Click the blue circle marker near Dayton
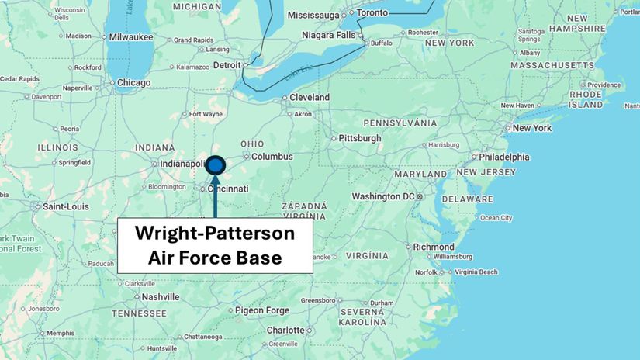click(x=215, y=165)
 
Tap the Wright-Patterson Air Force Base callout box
click(x=215, y=245)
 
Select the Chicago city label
click(x=133, y=83)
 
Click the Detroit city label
click(x=227, y=65)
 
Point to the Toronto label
click(x=372, y=12)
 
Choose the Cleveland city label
click(x=310, y=98)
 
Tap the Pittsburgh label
click(x=360, y=138)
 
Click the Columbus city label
click(x=272, y=157)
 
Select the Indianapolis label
click(x=181, y=164)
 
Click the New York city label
click(x=531, y=128)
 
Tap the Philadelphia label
click(x=504, y=157)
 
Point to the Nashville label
click(x=161, y=296)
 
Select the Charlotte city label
click(x=285, y=330)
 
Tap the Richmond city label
click(x=434, y=247)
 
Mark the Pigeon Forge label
click(x=261, y=310)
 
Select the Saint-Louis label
click(x=66, y=206)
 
